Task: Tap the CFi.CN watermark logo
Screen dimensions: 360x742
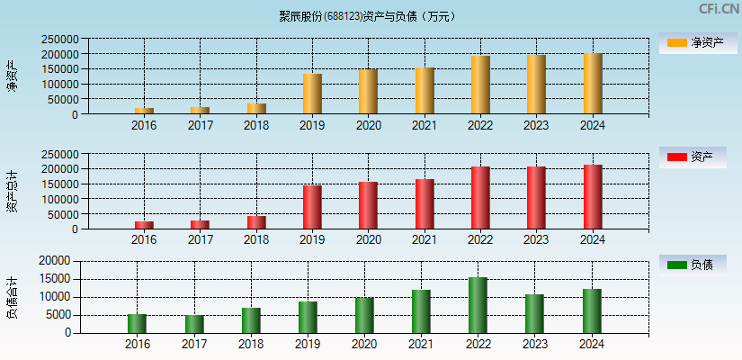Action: [x=718, y=9]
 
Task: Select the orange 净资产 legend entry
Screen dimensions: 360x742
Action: [x=693, y=42]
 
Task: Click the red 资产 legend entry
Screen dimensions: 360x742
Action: [x=693, y=157]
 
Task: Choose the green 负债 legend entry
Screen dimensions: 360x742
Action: [x=693, y=265]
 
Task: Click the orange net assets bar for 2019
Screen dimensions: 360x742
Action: [x=312, y=94]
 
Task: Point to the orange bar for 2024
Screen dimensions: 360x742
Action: [x=593, y=84]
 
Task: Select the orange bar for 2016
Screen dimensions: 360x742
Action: [x=144, y=111]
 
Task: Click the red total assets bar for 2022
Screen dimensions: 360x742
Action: [x=480, y=198]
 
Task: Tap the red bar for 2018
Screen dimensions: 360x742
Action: [x=256, y=222]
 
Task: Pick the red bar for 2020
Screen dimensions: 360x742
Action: [x=368, y=205]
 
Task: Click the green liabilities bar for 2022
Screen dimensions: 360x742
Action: [x=478, y=305]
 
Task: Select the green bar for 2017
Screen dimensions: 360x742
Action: [x=194, y=324]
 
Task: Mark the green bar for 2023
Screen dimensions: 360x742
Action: [x=534, y=313]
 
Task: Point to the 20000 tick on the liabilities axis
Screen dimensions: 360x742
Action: [x=55, y=261]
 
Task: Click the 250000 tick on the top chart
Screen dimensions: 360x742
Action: [x=58, y=40]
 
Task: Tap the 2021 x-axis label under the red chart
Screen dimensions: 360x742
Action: [x=425, y=239]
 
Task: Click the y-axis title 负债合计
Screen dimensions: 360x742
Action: [x=12, y=298]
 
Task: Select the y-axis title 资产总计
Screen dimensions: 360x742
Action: [x=12, y=191]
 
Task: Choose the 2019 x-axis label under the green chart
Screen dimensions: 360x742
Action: [x=308, y=345]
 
